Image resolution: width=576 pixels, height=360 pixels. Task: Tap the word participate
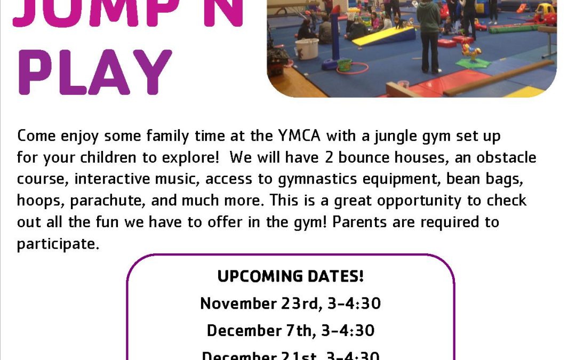(58, 244)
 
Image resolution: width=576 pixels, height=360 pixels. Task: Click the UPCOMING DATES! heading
(290, 276)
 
